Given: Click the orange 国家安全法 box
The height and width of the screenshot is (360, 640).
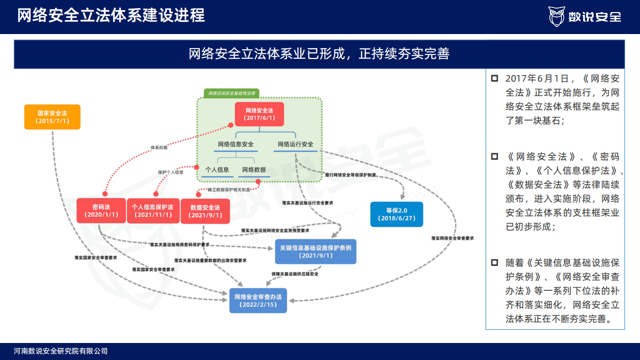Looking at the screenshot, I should pos(52,117).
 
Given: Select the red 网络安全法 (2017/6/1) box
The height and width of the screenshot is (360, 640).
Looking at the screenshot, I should pos(259,114).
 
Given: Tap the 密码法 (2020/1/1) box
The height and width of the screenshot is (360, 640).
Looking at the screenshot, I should pos(101,210).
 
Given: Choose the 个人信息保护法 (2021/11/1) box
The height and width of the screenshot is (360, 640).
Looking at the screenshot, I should pos(153,210).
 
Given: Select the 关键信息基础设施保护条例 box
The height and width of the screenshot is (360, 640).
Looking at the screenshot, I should pos(315,251).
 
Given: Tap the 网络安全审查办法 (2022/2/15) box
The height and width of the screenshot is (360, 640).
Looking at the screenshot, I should pos(258,300).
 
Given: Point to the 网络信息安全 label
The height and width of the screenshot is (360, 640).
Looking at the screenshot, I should pos(236,144).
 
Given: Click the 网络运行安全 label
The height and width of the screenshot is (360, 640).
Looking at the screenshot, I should pos(295,144).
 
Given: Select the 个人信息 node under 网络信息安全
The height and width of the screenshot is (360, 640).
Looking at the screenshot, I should pos(217,170).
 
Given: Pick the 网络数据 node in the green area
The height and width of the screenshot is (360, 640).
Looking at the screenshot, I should pos(254,170).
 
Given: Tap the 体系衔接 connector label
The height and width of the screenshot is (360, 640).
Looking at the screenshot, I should pos(159,148).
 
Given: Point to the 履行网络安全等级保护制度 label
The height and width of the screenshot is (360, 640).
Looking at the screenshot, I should pos(350,176).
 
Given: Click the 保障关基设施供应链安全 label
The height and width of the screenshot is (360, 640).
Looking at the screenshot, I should pos(295,274).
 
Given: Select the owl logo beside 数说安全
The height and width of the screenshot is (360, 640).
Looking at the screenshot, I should pos(556,17).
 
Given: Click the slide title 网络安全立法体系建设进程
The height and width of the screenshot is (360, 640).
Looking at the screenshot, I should pos(111,16).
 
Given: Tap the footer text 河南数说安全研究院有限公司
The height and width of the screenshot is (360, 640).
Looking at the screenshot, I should pos(61,351).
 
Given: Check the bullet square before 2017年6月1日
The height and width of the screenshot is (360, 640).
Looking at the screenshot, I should pos(494,79).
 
